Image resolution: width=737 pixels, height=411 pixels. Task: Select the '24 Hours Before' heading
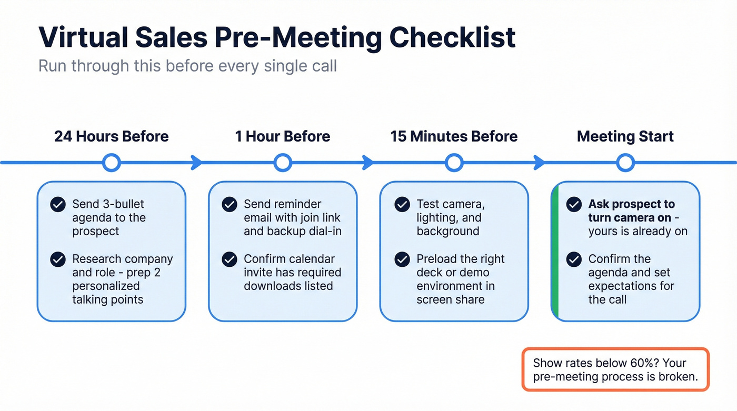(111, 136)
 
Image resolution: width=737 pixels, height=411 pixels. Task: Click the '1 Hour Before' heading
(283, 136)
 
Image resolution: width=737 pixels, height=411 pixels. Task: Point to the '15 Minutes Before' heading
(454, 136)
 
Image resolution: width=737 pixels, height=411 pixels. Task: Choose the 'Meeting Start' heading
(625, 136)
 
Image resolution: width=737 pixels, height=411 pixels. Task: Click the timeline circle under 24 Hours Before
(111, 163)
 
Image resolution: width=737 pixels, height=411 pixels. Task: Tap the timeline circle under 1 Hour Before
(283, 163)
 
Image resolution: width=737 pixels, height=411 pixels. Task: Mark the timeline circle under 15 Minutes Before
(454, 163)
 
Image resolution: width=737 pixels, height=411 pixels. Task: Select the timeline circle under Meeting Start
(625, 163)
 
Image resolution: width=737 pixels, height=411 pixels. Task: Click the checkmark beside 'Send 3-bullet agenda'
(57, 204)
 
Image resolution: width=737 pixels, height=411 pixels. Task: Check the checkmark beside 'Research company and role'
(57, 259)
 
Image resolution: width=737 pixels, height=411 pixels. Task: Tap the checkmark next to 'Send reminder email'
(229, 204)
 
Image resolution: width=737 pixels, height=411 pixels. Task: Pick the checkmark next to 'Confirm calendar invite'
(229, 259)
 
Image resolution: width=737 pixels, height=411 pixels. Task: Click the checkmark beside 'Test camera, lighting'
(402, 204)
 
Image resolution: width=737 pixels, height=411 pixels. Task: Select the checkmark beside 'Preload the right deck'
(402, 259)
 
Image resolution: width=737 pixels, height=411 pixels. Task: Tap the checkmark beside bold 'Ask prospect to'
(573, 204)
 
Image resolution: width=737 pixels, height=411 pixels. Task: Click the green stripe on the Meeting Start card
(554, 252)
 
